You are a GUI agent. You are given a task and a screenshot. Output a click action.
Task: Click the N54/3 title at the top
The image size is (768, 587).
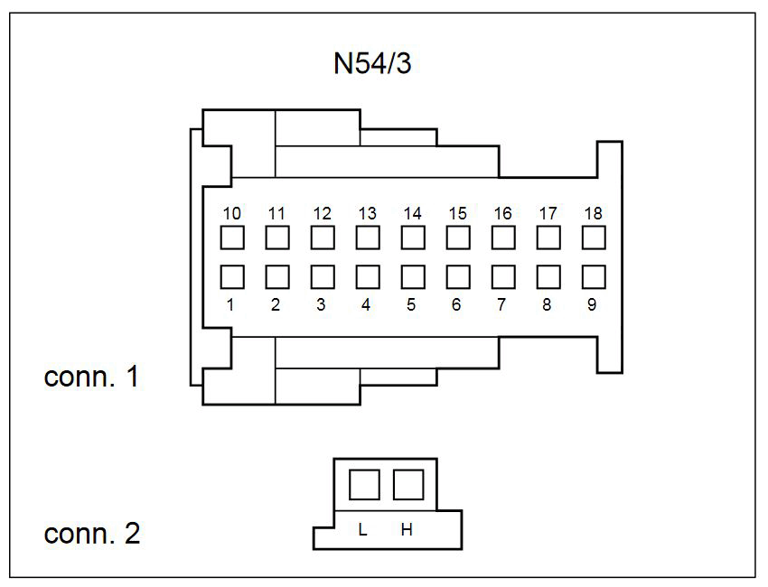pyautogui.click(x=372, y=63)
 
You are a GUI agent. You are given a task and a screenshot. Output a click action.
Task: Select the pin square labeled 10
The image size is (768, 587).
pyautogui.click(x=232, y=238)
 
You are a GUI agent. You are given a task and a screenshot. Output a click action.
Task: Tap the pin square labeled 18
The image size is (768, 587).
pyautogui.click(x=594, y=238)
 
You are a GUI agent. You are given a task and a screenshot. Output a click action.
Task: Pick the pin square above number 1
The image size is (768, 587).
pyautogui.click(x=232, y=277)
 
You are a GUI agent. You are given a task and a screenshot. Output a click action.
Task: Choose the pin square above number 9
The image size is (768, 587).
pyautogui.click(x=594, y=277)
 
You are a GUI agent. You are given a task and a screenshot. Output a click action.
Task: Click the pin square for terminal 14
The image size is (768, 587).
pyautogui.click(x=413, y=238)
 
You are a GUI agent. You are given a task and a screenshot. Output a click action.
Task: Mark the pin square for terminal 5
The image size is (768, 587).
pyautogui.click(x=413, y=277)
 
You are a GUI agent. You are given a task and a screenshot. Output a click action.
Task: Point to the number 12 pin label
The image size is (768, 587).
pyautogui.click(x=323, y=213)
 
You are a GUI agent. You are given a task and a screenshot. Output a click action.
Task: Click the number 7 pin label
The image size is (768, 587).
pyautogui.click(x=501, y=304)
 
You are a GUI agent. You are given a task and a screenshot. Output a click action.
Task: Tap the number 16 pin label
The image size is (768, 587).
pyautogui.click(x=503, y=213)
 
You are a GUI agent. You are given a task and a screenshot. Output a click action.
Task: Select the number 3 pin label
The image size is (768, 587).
pyautogui.click(x=321, y=304)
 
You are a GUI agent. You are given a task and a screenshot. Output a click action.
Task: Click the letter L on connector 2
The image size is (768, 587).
pyautogui.click(x=362, y=529)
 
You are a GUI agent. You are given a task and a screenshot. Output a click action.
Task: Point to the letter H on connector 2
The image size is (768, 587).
pyautogui.click(x=407, y=529)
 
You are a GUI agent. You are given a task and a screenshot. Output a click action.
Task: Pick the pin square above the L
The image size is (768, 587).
pyautogui.click(x=364, y=485)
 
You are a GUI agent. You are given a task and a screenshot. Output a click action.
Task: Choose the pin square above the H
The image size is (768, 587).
pyautogui.click(x=408, y=485)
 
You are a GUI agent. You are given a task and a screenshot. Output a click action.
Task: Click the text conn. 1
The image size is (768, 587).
pyautogui.click(x=91, y=377)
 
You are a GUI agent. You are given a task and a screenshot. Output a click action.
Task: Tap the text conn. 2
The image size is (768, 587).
pyautogui.click(x=92, y=533)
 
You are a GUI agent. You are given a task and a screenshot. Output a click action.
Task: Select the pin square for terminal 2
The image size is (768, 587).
pyautogui.click(x=277, y=277)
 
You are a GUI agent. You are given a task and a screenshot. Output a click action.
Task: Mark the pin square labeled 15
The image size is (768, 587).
pyautogui.click(x=458, y=238)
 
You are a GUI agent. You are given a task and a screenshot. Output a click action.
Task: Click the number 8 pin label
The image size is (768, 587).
pyautogui.click(x=547, y=304)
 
